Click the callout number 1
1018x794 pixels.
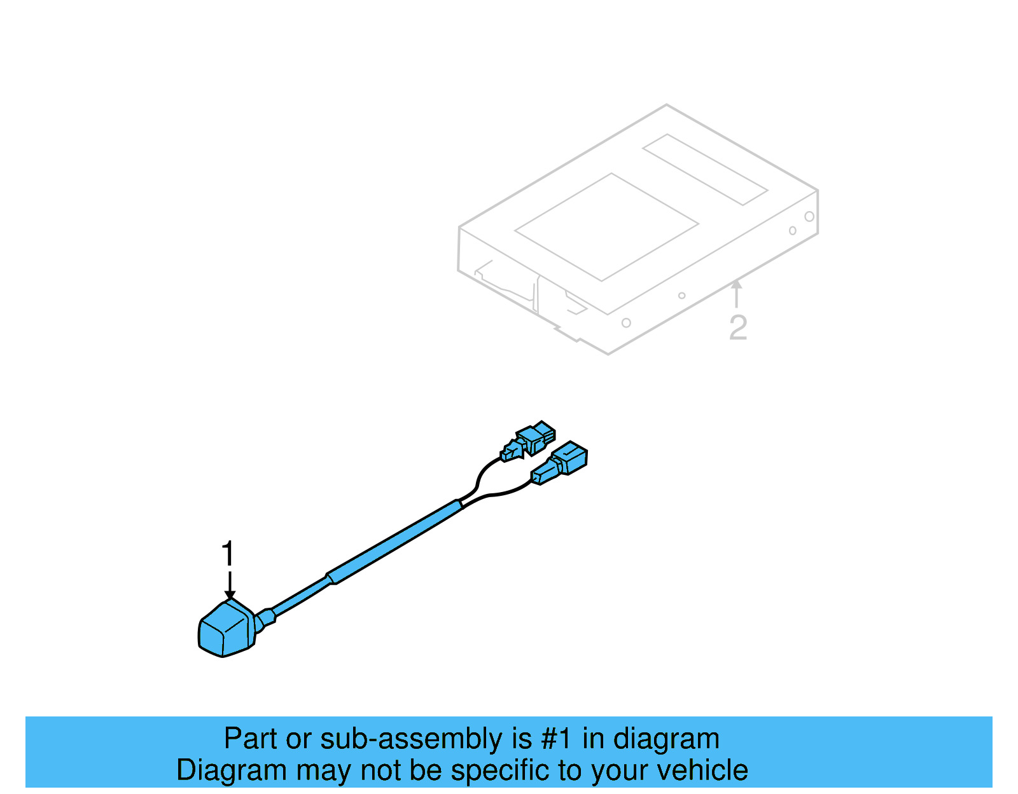point(227,554)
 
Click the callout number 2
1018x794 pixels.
point(737,327)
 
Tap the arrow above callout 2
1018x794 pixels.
point(736,293)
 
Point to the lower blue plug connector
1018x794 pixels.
point(561,462)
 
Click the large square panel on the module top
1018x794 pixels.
point(606,227)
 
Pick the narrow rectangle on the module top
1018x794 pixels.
point(705,169)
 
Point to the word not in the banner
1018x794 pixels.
point(382,770)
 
